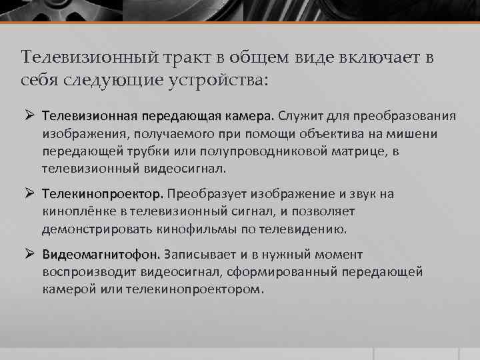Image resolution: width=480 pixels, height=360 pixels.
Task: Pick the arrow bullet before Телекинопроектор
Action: click(29, 194)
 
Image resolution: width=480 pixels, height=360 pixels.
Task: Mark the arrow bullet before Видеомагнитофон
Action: click(29, 255)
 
